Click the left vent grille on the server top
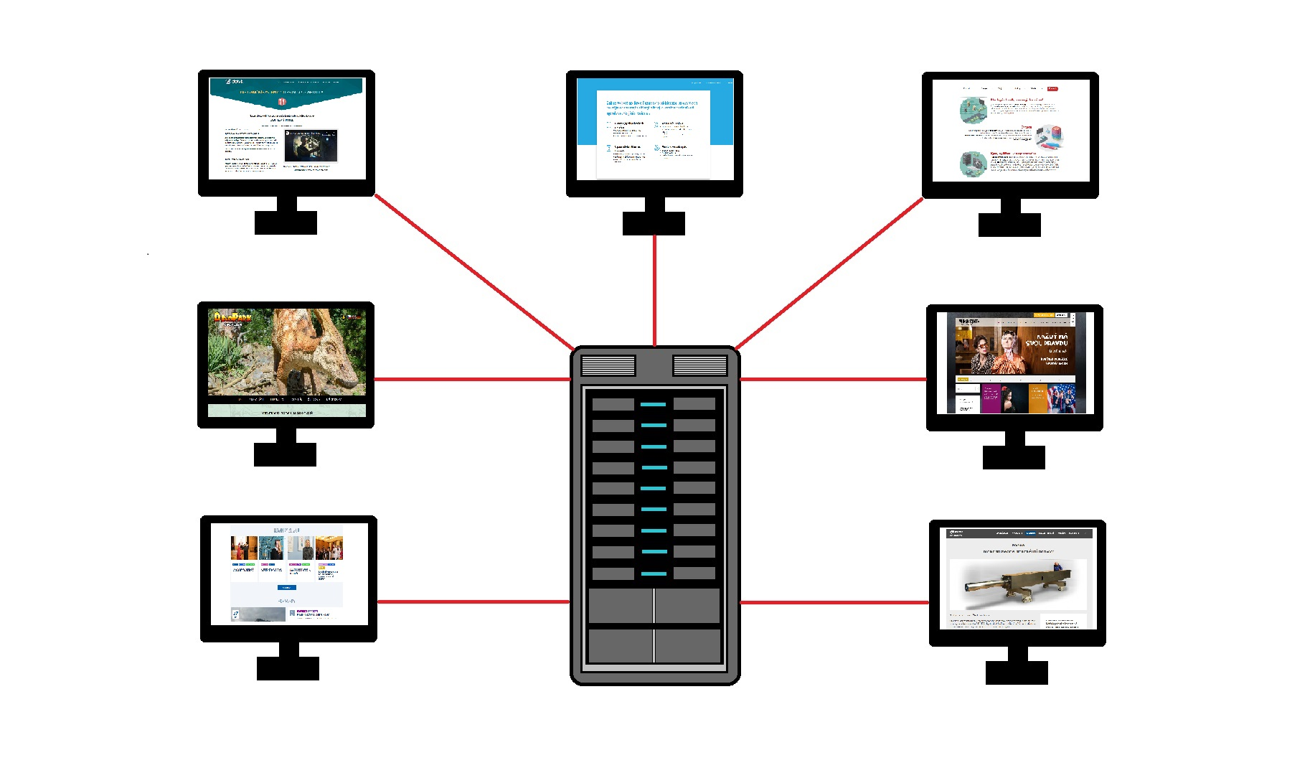(608, 365)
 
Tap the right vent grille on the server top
(699, 365)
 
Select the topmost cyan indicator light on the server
(654, 405)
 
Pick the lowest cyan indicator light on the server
(654, 573)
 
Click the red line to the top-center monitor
(654, 291)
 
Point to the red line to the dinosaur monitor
(472, 379)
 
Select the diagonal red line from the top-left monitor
(473, 271)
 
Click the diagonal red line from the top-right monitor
(829, 273)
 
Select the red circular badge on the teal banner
(282, 102)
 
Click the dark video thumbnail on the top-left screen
(310, 145)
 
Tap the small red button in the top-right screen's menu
(1052, 89)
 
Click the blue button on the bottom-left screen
(286, 588)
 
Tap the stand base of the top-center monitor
(654, 223)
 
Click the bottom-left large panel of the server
(620, 645)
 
